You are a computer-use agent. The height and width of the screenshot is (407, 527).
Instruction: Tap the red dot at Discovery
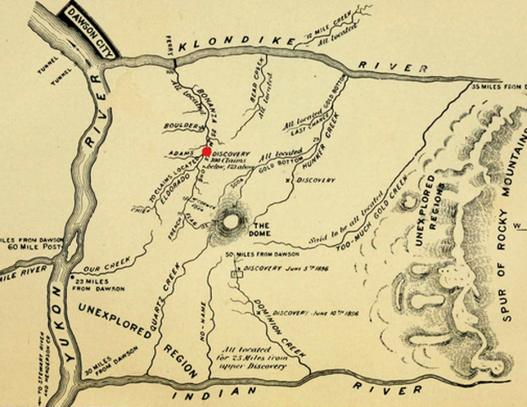coord(207,152)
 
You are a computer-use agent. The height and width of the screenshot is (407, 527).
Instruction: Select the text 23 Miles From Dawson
coord(95,284)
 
